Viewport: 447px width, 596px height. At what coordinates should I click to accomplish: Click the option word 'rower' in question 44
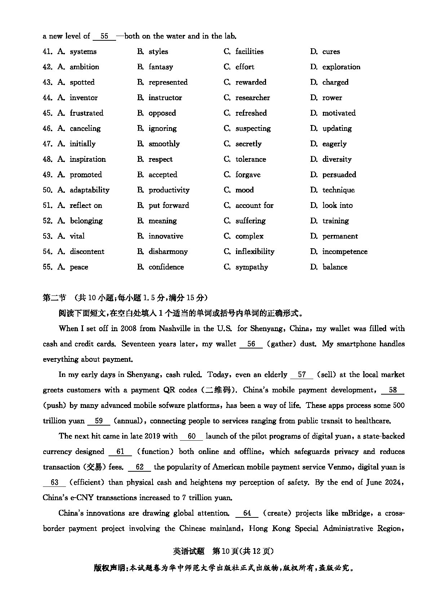[332, 98]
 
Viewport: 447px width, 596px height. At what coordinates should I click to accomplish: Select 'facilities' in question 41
[249, 52]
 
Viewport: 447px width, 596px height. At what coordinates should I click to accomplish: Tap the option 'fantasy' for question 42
[161, 67]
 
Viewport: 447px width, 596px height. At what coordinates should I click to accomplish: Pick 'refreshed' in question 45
[251, 113]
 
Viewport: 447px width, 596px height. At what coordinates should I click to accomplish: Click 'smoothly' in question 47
[164, 144]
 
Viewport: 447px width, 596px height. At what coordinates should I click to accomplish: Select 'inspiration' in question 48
[88, 159]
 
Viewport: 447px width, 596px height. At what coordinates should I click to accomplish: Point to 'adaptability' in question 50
[89, 190]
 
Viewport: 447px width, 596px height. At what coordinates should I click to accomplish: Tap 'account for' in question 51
[254, 205]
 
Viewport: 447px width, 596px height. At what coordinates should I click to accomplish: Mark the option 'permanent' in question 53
[340, 236]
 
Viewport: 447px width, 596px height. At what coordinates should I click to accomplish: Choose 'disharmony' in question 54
[168, 252]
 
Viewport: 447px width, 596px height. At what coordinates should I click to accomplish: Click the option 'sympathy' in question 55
[252, 267]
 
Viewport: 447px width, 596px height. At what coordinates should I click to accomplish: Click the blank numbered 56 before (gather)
[251, 344]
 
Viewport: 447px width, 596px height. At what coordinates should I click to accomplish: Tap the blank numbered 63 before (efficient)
[54, 482]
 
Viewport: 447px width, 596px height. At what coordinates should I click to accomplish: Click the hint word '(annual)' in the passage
[129, 421]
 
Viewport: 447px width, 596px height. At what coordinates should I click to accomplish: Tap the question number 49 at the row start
[47, 175]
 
